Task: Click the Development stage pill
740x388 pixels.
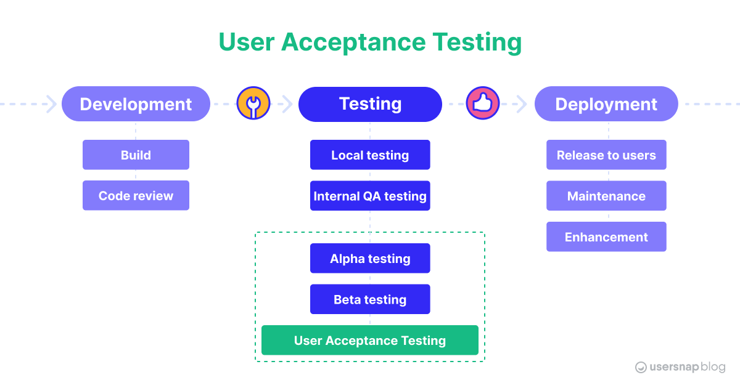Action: [x=136, y=104]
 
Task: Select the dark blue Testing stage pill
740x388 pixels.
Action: [x=370, y=104]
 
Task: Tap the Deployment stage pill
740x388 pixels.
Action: [x=606, y=104]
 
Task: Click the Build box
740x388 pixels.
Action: [x=136, y=155]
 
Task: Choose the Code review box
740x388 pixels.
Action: [x=136, y=196]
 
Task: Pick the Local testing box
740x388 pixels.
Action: [x=370, y=155]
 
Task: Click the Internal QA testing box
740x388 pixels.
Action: [x=370, y=196]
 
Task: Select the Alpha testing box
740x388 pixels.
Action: [x=370, y=259]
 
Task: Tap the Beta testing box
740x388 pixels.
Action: [x=370, y=299]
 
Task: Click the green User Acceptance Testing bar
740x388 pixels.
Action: [x=370, y=341]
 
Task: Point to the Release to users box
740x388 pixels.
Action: [x=606, y=155]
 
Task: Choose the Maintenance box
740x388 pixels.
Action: [x=606, y=196]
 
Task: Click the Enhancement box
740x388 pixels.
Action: [x=606, y=237]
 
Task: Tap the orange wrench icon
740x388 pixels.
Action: [x=253, y=103]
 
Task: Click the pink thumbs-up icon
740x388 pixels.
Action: [x=482, y=103]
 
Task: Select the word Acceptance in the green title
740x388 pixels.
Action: [x=353, y=42]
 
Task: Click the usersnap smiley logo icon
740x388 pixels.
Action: [x=641, y=367]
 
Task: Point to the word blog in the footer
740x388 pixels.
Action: [x=712, y=367]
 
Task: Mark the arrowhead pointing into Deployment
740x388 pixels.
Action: [x=522, y=104]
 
